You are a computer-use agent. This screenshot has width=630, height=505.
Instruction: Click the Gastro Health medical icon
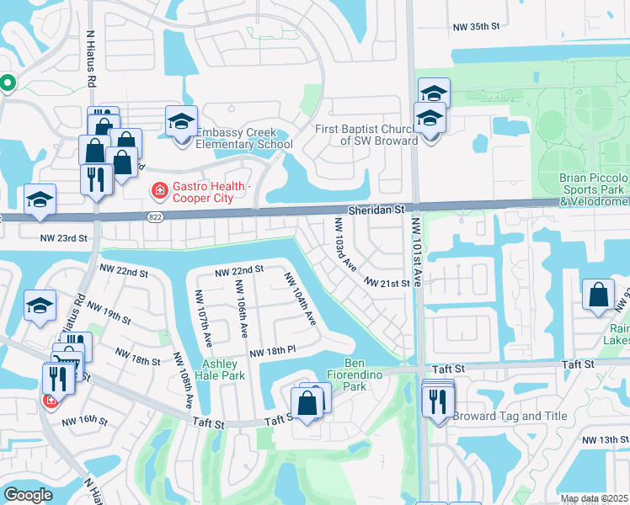point(157,192)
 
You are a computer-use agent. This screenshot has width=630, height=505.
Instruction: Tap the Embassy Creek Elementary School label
point(244,139)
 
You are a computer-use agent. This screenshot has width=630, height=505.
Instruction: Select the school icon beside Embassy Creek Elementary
point(180,124)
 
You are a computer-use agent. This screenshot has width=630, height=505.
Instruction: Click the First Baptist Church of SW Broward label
point(366,135)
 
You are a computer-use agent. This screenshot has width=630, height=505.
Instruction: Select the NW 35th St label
point(477,27)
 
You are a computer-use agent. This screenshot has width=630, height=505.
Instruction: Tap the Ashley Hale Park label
point(222,371)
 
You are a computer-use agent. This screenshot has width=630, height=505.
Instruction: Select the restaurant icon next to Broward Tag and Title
point(436,402)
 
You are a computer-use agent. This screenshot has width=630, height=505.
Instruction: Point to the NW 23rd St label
point(64,238)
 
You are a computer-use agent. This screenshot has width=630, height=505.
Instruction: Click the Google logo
point(28,495)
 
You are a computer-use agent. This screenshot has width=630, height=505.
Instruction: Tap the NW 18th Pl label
point(272,350)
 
